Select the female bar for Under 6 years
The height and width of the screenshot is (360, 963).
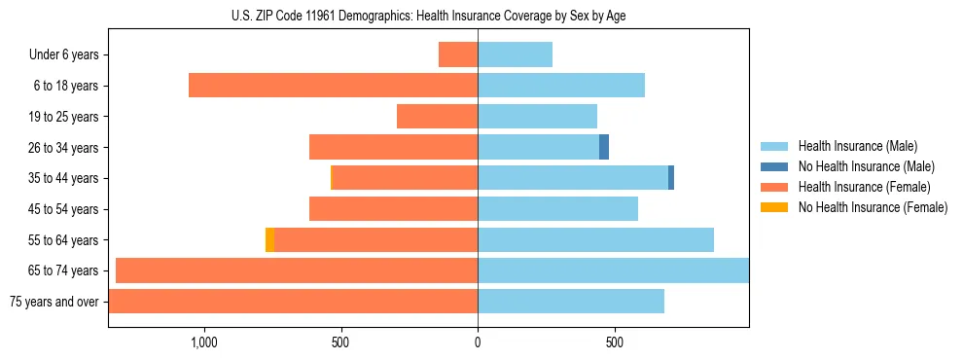tap(458, 54)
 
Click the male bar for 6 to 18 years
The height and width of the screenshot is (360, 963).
tap(561, 86)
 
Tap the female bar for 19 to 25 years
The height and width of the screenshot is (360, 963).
tap(437, 117)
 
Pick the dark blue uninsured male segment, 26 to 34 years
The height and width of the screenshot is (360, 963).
tap(604, 147)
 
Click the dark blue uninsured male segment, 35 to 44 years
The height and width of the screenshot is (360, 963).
tap(671, 178)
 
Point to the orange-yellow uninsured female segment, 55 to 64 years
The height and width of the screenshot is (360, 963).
tap(269, 239)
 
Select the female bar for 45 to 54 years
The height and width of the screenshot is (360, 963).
tap(393, 209)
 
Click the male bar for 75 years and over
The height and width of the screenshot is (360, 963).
tap(571, 302)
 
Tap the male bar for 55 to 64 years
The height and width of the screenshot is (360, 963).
tap(595, 239)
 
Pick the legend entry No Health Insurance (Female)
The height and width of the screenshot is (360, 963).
tap(873, 207)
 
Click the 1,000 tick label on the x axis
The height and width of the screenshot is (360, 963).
tap(204, 342)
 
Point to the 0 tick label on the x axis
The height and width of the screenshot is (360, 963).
tap(478, 342)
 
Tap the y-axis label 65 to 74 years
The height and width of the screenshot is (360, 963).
tap(65, 270)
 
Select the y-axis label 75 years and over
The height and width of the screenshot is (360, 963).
tap(54, 302)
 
